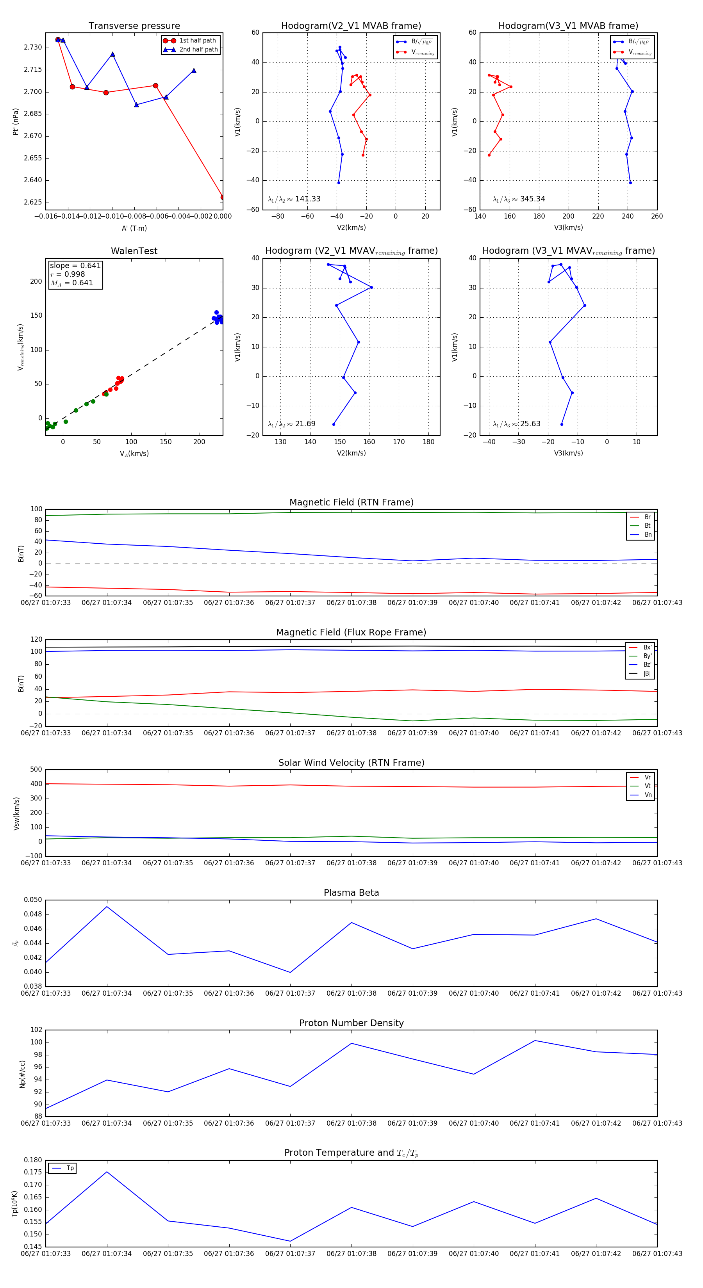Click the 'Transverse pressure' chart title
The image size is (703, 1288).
coord(134,25)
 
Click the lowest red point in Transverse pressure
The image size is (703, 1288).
coord(223,197)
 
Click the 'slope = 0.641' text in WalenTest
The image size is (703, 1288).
coord(75,265)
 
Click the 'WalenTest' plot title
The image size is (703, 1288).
coord(134,251)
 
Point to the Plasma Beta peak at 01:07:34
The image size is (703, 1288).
coord(107,907)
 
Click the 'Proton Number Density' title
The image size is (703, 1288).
coord(351,1023)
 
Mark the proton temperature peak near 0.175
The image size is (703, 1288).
coord(107,1172)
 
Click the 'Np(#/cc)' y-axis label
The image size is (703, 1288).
coord(22,1073)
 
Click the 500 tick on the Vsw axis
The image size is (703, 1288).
coord(36,770)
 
